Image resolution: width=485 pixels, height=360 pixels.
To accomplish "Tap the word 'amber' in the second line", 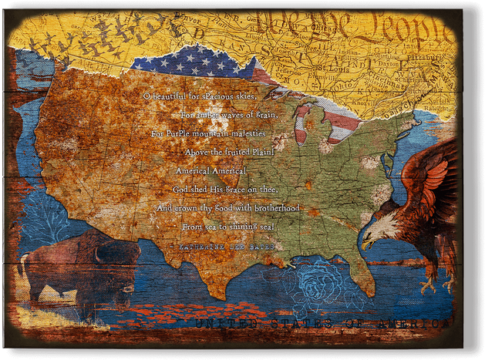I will pyautogui.click(x=207, y=115).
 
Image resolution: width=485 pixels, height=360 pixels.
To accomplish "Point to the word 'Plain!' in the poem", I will pyautogui.click(x=257, y=152).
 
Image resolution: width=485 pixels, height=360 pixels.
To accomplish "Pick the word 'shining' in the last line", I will pyautogui.click(x=244, y=227).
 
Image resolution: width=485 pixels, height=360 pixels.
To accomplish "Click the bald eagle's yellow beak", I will pyautogui.click(x=369, y=243).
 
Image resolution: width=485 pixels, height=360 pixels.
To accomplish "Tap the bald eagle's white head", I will pyautogui.click(x=382, y=227).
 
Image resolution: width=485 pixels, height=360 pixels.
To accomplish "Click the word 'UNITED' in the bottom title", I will pyautogui.click(x=224, y=324).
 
